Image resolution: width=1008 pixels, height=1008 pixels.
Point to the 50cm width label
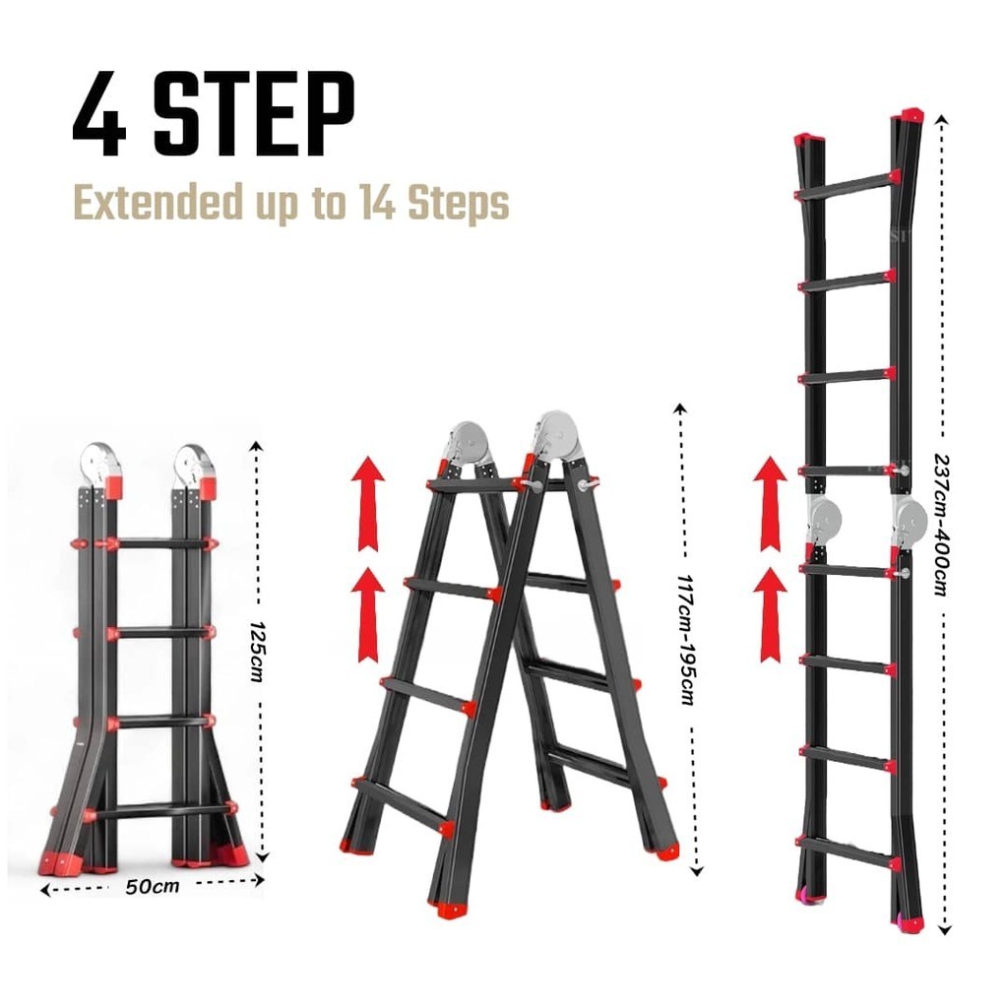(x=152, y=887)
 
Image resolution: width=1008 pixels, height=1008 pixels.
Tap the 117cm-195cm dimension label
(x=687, y=640)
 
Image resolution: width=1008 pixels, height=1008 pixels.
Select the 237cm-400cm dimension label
(x=942, y=525)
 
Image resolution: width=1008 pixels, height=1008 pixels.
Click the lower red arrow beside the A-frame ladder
(x=368, y=614)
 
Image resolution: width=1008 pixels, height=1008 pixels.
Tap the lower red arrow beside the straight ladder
(x=770, y=615)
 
